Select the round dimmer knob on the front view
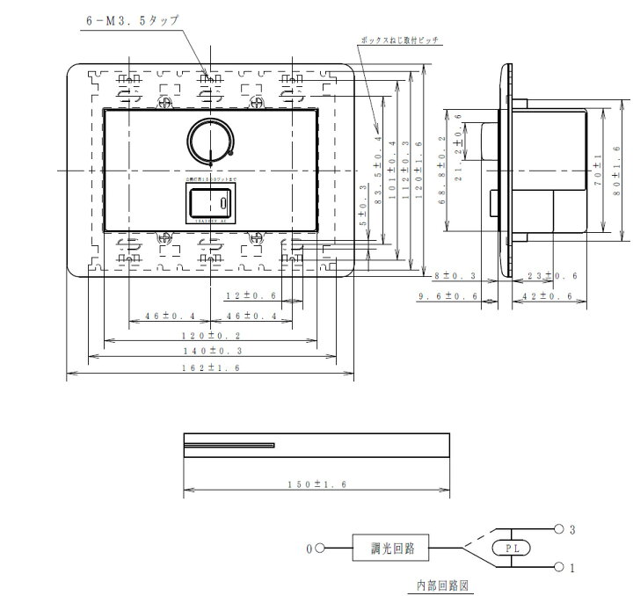(210, 141)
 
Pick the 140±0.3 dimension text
(210, 352)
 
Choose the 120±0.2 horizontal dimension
(210, 336)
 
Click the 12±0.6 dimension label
(251, 296)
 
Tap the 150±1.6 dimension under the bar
(316, 483)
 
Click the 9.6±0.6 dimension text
(450, 297)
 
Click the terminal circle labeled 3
(559, 529)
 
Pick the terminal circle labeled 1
(559, 566)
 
